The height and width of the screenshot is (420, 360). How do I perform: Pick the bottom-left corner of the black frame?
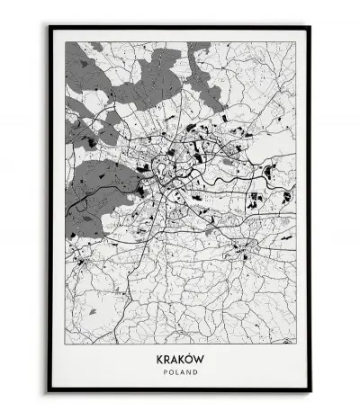click(x=49, y=392)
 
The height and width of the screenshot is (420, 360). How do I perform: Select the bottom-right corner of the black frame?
click(x=311, y=392)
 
